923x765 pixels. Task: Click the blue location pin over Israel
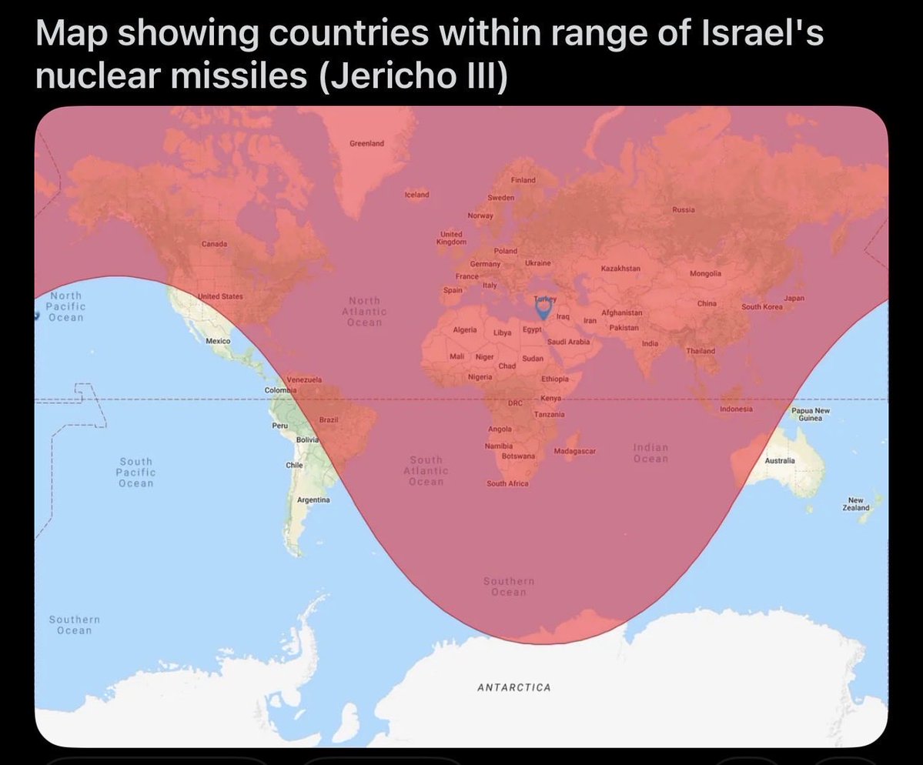(x=543, y=309)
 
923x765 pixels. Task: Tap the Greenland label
(x=366, y=144)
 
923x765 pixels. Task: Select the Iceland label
(x=416, y=195)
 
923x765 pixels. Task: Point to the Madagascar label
(x=575, y=450)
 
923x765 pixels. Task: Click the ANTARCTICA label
(x=513, y=687)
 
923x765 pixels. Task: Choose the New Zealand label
(x=858, y=504)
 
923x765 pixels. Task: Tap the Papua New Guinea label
(x=811, y=415)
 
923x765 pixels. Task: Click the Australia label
(x=779, y=460)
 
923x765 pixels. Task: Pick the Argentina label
(x=313, y=500)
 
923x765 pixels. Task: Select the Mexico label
(x=219, y=340)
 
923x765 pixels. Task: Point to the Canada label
(x=214, y=244)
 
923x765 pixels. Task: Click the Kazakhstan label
(x=620, y=268)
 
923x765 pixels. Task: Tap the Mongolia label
(x=706, y=274)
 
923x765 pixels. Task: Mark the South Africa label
(x=507, y=483)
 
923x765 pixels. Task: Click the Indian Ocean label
(x=650, y=453)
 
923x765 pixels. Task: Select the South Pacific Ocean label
(x=136, y=472)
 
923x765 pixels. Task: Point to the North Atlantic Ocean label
(x=364, y=311)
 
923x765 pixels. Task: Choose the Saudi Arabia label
(x=568, y=341)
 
